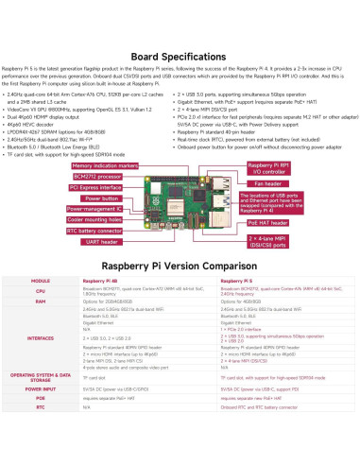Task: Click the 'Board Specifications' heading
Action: [180, 57]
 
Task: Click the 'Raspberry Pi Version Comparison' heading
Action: [180, 267]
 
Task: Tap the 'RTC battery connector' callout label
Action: [94, 230]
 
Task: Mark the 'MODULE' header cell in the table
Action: [41, 282]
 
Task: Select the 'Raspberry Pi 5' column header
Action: [233, 282]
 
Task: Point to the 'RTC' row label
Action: [41, 407]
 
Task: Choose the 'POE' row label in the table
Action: [41, 398]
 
